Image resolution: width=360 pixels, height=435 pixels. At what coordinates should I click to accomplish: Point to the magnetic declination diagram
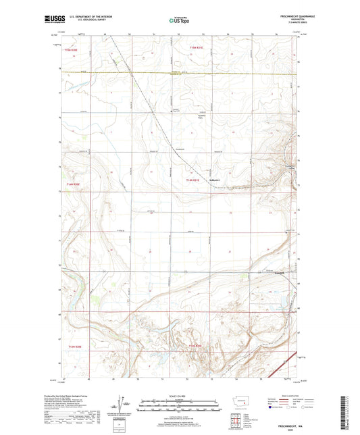tap(122, 405)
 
